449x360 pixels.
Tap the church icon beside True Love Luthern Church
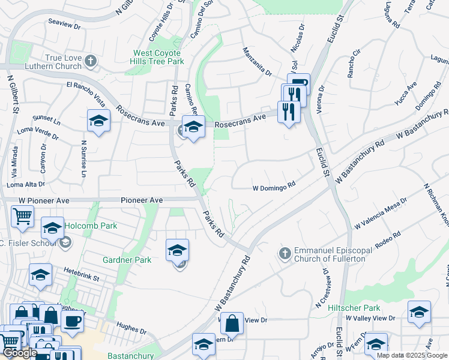(90, 61)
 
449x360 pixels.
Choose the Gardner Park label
(127, 259)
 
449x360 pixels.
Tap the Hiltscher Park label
(355, 307)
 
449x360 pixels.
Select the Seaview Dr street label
(64, 25)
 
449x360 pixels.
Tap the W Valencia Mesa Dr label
(385, 214)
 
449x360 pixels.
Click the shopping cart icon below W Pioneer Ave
(23, 215)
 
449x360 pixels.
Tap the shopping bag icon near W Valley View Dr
(232, 323)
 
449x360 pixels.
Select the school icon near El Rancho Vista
(98, 121)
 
